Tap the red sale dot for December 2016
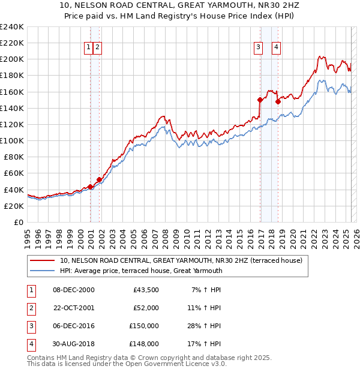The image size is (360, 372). tap(260, 100)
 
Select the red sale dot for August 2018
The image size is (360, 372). tap(278, 102)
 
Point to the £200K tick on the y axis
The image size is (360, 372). tap(12, 59)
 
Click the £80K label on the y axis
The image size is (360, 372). tap(14, 157)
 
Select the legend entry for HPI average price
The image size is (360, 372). tap(141, 271)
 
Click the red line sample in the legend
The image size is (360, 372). tap(43, 260)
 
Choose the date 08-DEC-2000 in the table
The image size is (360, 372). tap(74, 290)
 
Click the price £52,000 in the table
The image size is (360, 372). tap(145, 307)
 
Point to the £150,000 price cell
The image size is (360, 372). tap(144, 326)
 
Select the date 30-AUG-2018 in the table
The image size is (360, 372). tap(74, 344)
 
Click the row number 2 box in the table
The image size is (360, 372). tap(29, 308)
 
